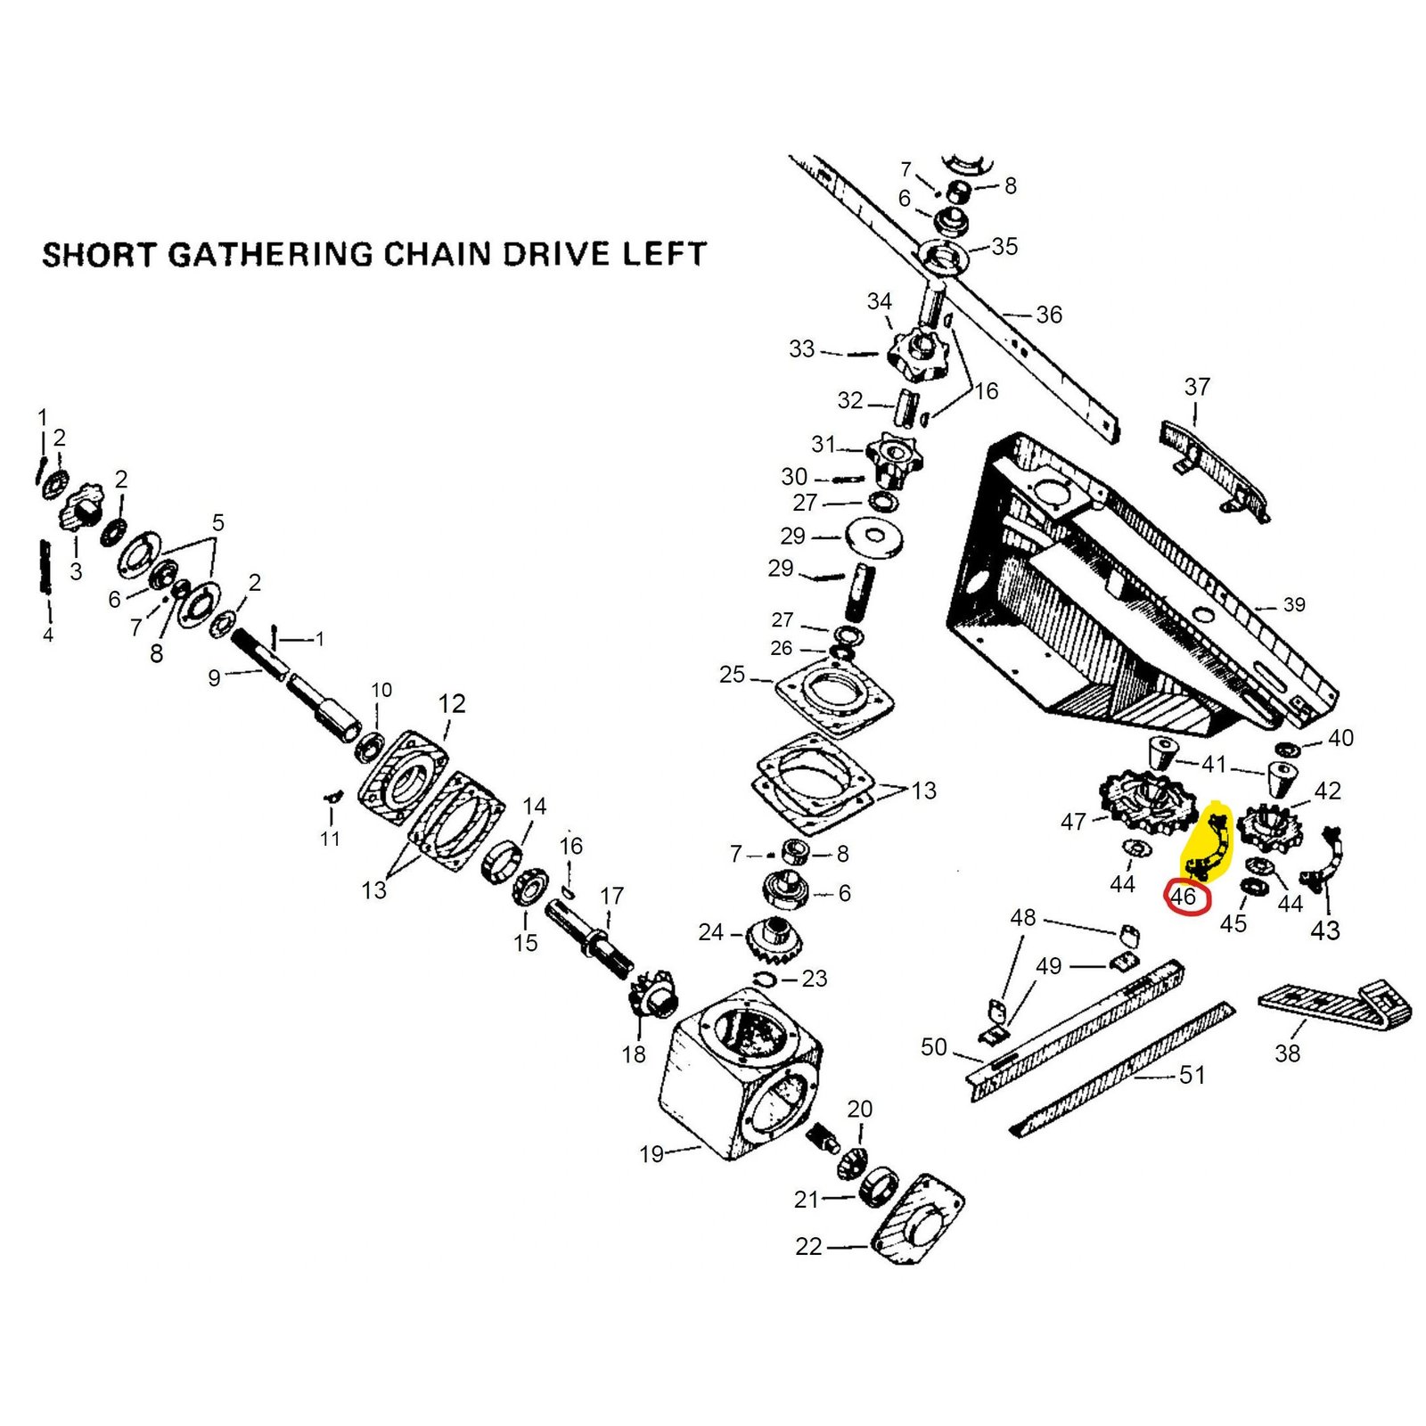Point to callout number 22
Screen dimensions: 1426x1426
808,1246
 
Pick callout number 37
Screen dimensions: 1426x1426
1197,387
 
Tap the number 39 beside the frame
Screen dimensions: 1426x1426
1294,605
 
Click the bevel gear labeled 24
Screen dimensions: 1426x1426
774,937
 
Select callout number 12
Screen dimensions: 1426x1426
452,704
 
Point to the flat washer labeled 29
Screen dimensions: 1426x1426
874,537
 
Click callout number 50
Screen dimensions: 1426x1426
933,1047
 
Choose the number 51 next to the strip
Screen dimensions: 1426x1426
1192,1075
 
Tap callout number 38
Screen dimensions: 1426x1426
1287,1053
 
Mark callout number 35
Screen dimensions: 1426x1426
1004,247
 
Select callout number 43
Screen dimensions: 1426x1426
1324,930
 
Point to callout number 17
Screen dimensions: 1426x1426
612,896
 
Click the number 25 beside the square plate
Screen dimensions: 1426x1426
732,675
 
